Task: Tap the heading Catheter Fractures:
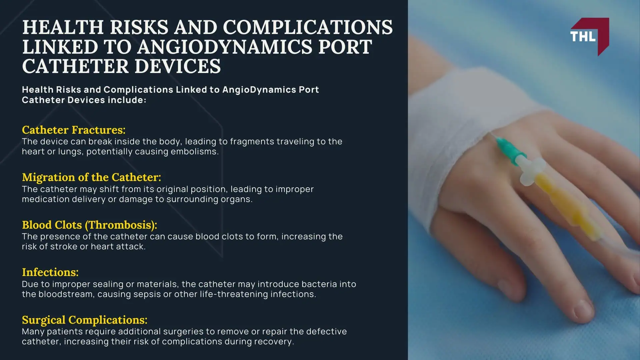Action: [x=74, y=130]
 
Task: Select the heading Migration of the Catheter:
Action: [x=91, y=177]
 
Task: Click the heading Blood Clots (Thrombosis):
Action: [x=89, y=225]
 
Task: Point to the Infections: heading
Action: [x=50, y=272]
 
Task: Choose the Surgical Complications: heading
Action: [x=84, y=320]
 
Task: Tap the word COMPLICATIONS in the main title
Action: [x=308, y=27]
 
